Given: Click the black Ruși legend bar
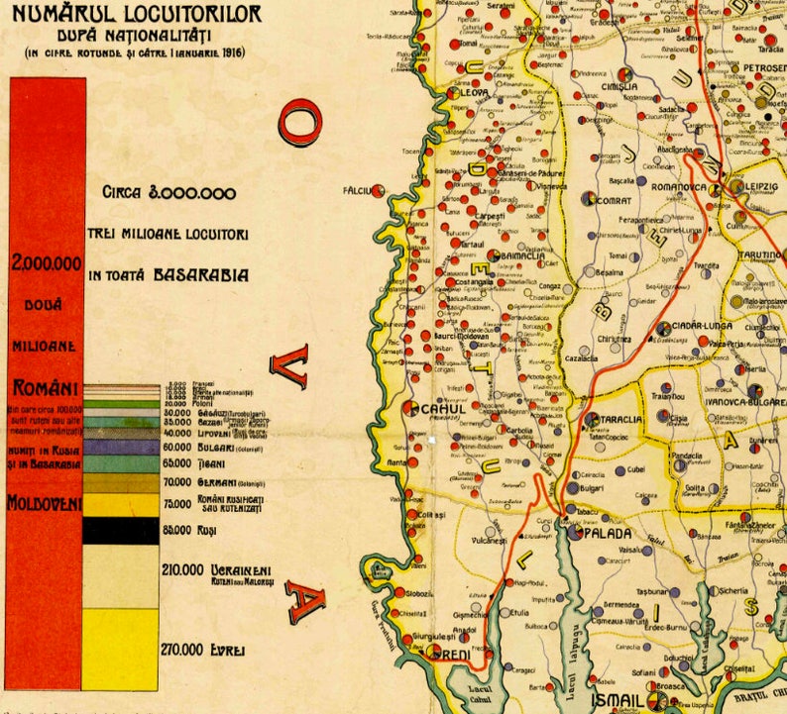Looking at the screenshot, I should click(119, 531).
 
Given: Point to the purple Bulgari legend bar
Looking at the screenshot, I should click(119, 447).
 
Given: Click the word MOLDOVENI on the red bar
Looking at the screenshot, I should click(45, 503).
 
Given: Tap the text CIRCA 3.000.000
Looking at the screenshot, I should click(169, 194).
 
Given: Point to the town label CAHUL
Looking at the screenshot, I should click(443, 408).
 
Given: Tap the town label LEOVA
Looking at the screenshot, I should click(473, 92).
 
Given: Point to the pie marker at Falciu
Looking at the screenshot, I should click(378, 190).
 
